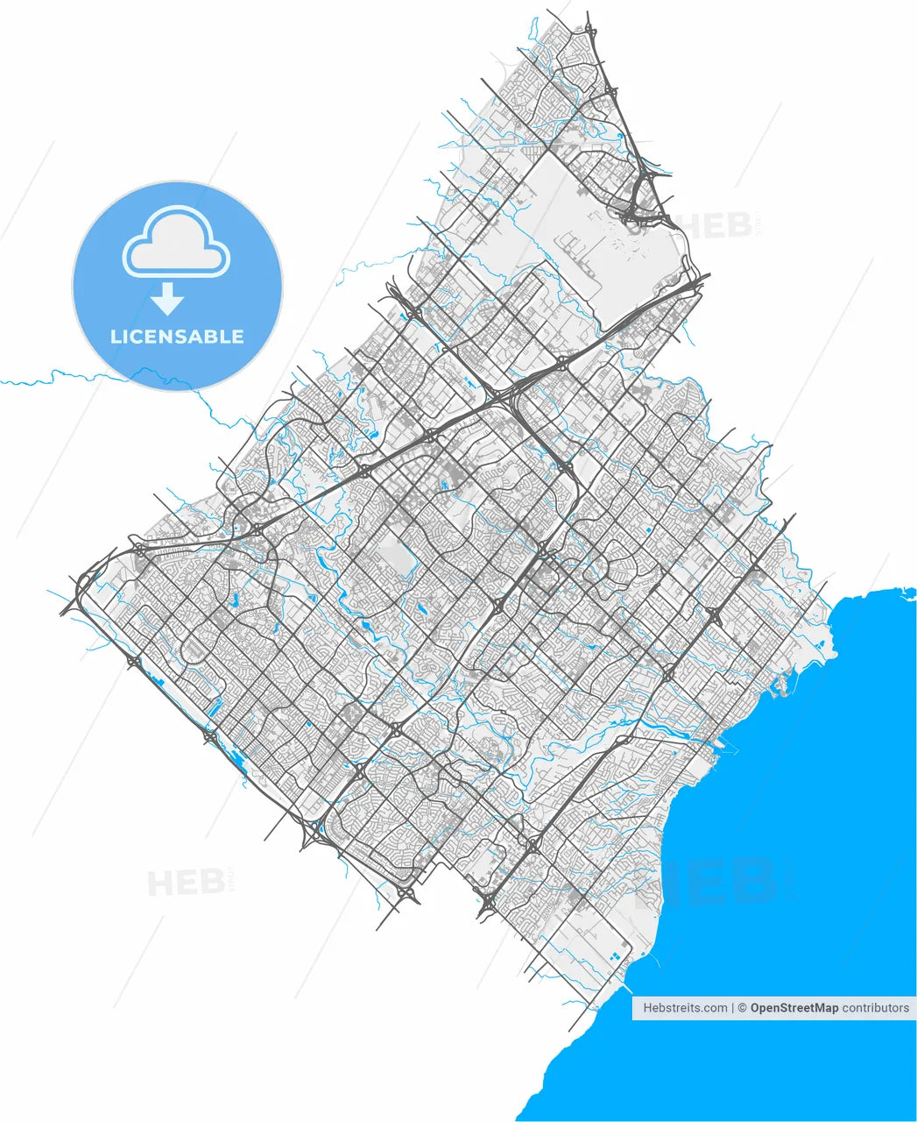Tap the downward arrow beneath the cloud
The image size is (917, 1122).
click(166, 300)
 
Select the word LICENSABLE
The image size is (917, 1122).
click(177, 337)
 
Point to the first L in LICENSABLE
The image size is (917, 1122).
click(115, 337)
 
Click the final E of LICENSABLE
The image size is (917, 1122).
click(237, 337)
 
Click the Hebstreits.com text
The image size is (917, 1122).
click(685, 1008)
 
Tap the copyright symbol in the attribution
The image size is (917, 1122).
click(742, 1008)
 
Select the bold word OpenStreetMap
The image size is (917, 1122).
click(794, 1008)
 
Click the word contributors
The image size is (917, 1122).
click(876, 1008)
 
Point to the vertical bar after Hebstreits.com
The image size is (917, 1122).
click(732, 1008)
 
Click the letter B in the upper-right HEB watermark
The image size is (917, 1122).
click(741, 224)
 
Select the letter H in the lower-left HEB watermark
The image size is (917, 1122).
click(160, 882)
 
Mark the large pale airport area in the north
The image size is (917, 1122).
click(604, 237)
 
